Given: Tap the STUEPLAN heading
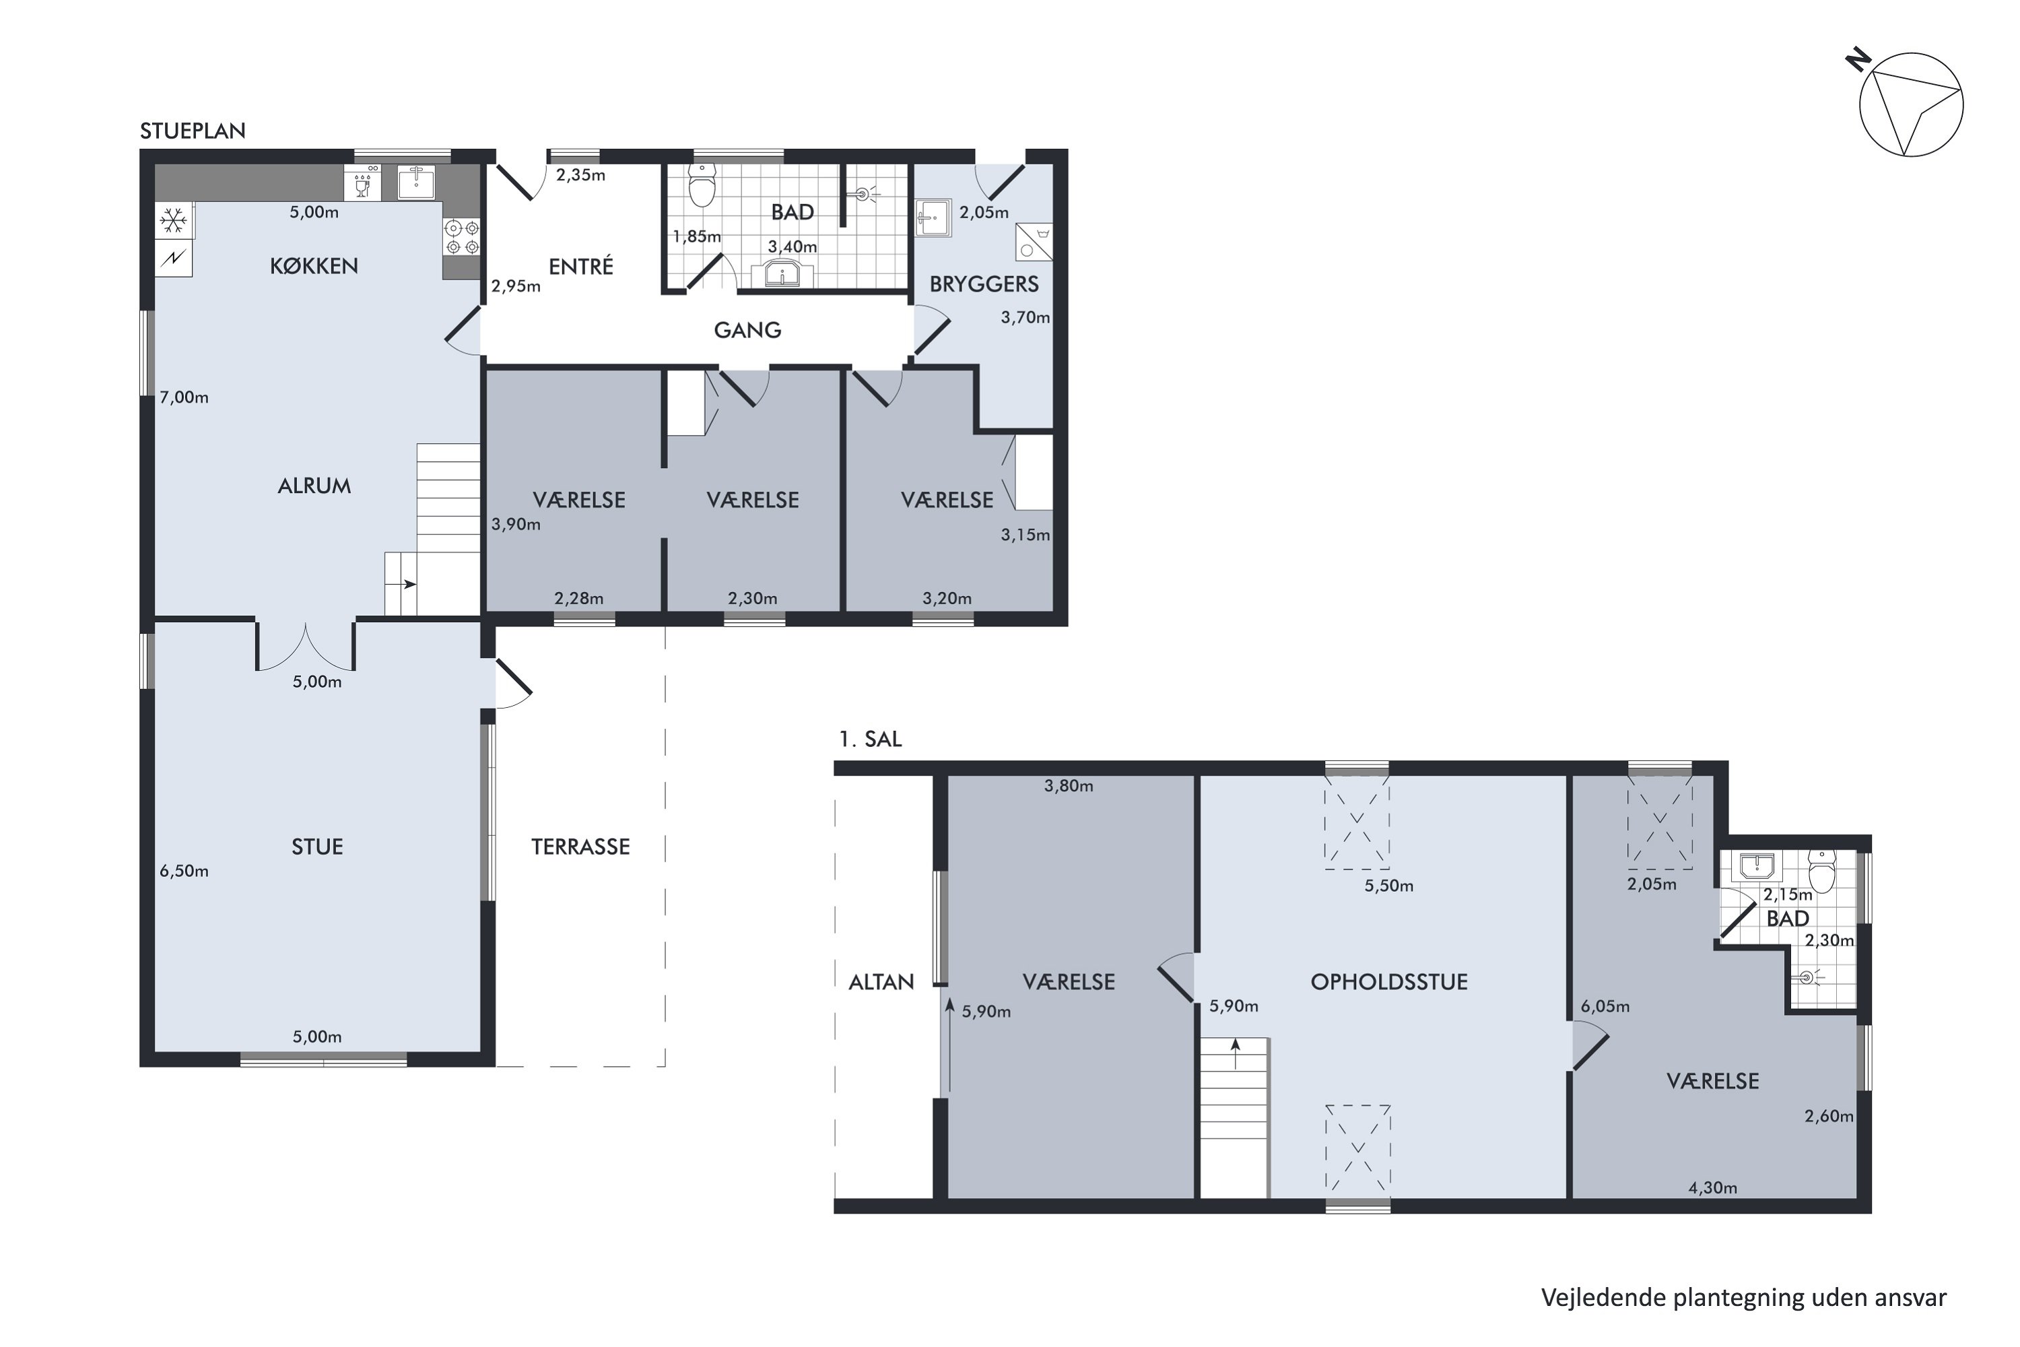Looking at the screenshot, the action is click(193, 131).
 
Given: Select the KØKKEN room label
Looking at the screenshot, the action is click(314, 266).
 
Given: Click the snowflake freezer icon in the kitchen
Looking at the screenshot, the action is click(174, 221).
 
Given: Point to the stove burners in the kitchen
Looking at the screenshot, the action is click(461, 237).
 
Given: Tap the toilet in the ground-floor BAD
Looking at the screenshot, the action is click(702, 187).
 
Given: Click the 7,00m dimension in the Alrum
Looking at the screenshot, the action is click(184, 397).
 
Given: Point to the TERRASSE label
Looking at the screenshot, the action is click(580, 847).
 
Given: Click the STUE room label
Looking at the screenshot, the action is click(317, 847).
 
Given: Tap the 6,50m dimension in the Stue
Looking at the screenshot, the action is click(184, 871).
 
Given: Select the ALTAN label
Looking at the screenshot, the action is click(881, 982).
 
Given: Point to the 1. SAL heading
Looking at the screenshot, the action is click(870, 739).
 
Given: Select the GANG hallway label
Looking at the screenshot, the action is click(747, 330).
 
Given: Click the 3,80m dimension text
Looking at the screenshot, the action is click(1069, 785).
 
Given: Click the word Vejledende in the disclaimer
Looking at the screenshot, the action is click(1603, 1297).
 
